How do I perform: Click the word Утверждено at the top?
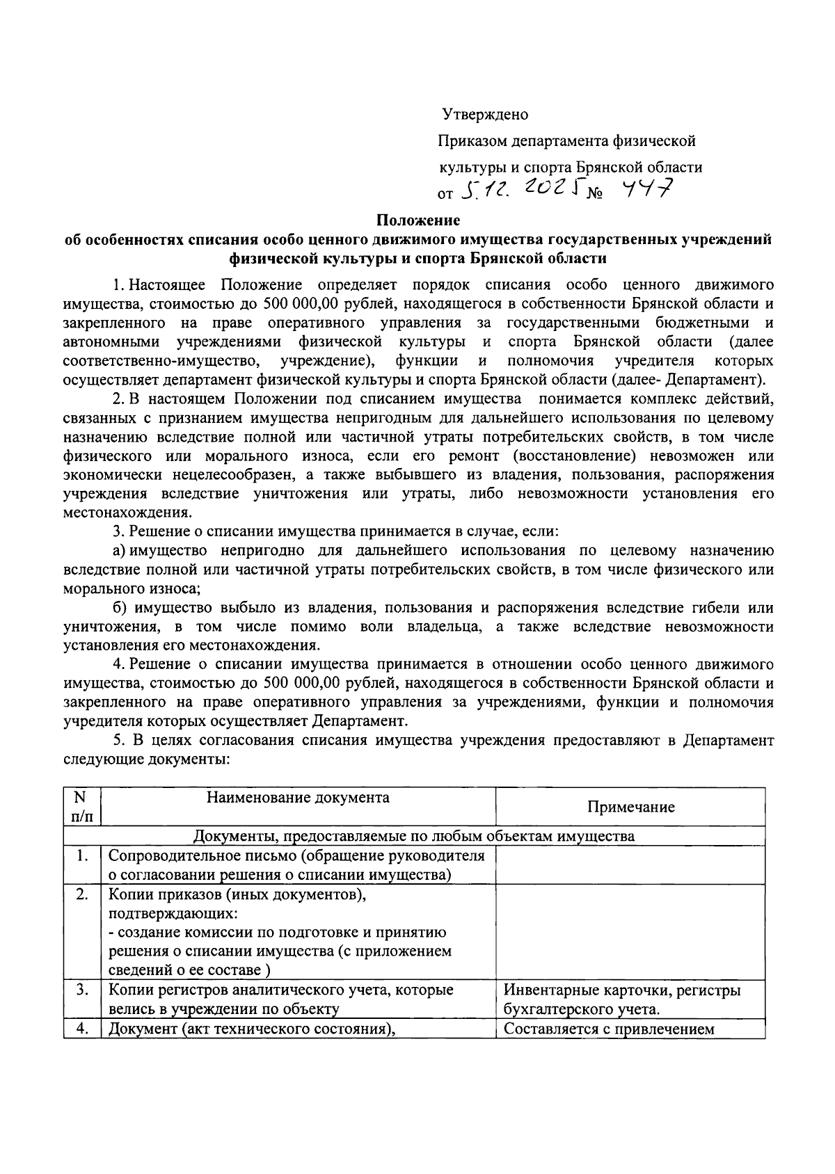(x=485, y=115)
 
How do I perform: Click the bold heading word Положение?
(x=418, y=220)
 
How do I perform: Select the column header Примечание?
(x=630, y=807)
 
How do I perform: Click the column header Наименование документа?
(x=298, y=797)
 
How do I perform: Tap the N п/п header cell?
(x=82, y=806)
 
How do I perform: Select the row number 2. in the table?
(x=82, y=894)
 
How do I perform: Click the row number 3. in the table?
(x=82, y=990)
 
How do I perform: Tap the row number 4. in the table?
(x=82, y=1029)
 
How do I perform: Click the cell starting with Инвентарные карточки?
(x=622, y=999)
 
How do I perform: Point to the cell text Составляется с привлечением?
(x=609, y=1029)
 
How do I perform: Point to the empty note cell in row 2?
(x=630, y=932)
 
